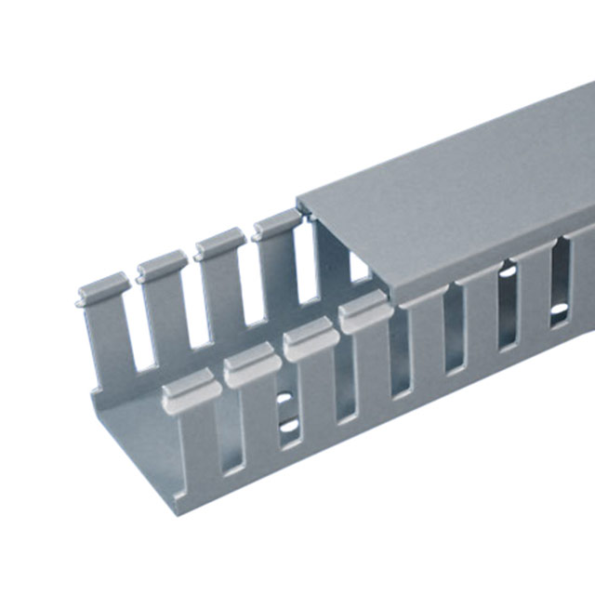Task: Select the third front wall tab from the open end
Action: tap(311, 339)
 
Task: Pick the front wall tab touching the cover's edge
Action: tap(364, 314)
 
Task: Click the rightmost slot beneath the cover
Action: tap(561, 284)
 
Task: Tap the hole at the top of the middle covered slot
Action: tap(508, 272)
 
